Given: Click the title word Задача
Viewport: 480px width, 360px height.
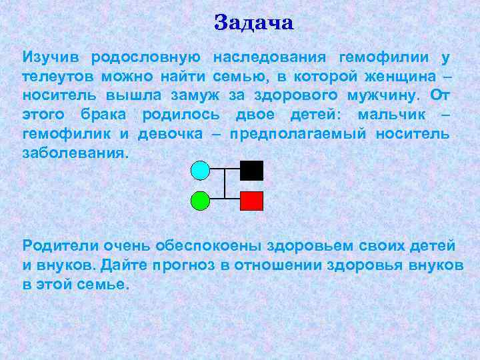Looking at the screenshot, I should pyautogui.click(x=254, y=23).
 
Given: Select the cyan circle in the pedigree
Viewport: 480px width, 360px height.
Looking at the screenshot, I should pyautogui.click(x=201, y=171).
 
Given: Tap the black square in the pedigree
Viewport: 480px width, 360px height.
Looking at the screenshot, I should pyautogui.click(x=251, y=171).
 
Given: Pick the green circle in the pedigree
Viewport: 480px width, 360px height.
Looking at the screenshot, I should pyautogui.click(x=201, y=200).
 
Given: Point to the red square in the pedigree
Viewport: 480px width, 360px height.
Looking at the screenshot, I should pyautogui.click(x=251, y=200).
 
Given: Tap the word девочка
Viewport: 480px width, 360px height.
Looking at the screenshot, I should pyautogui.click(x=170, y=134).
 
